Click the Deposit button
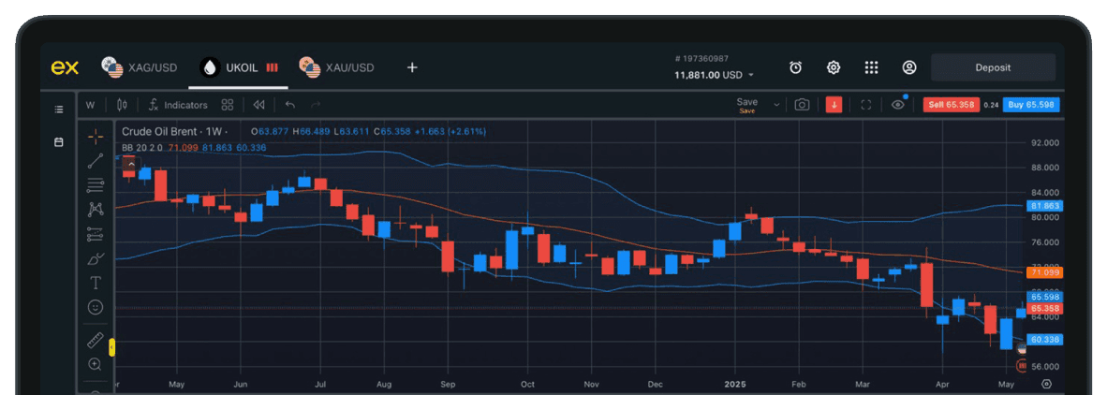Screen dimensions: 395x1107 point(993,67)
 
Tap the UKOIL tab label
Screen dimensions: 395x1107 point(242,67)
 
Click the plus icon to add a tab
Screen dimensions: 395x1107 point(412,67)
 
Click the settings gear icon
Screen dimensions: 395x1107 point(833,67)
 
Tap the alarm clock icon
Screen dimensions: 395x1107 point(795,67)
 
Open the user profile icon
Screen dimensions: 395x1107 point(908,67)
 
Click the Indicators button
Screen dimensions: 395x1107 point(178,105)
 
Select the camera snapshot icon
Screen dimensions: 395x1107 point(802,105)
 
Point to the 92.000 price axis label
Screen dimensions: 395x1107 point(1044,143)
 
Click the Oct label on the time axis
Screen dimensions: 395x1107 point(527,384)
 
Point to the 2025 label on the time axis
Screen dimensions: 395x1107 point(735,384)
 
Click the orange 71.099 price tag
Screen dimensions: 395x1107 point(1044,272)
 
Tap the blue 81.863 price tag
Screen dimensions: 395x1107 point(1044,206)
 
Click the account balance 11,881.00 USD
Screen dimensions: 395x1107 point(708,75)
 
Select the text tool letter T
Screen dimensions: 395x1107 point(96,282)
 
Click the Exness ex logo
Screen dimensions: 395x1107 point(64,67)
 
